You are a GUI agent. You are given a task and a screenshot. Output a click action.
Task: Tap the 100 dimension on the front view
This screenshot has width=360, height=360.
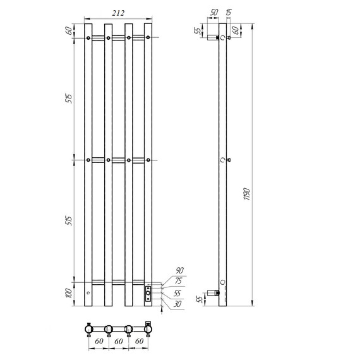point(69,294)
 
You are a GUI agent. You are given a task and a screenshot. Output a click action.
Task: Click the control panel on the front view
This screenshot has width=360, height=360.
point(148,294)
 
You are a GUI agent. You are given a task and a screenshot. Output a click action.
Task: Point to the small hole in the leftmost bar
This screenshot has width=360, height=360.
point(88,294)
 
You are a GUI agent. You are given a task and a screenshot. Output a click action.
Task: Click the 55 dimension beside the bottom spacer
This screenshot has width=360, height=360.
point(200,297)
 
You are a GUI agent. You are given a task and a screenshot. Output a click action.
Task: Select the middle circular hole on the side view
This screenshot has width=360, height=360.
point(222,160)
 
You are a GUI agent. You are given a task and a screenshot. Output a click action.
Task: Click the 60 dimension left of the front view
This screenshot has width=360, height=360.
point(69,30)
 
